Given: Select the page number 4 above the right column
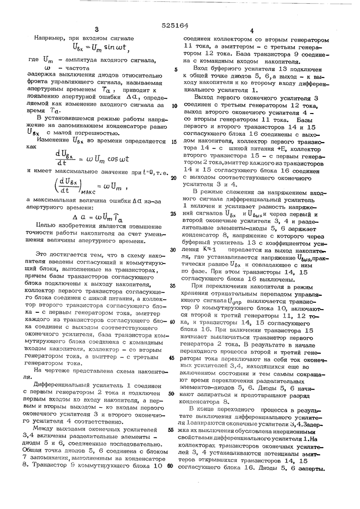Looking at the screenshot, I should pyautogui.click(x=252, y=31).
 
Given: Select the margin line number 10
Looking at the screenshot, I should pyautogui.click(x=174, y=106).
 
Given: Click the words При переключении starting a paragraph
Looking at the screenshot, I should pyautogui.click(x=219, y=286).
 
